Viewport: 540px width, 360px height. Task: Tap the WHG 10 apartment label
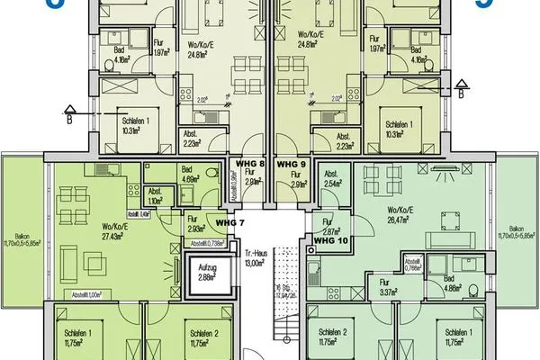329,240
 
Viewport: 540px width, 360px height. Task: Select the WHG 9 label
292,165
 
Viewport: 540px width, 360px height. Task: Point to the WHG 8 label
249,165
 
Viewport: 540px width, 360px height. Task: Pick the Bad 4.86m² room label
454,285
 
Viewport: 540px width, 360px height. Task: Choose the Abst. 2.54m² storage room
332,178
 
